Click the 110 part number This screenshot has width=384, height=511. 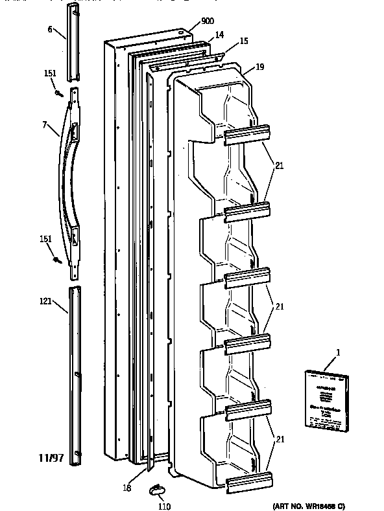165,506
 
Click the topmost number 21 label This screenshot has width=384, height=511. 279,165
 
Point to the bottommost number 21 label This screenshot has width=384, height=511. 279,438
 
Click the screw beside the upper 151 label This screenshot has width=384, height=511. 59,95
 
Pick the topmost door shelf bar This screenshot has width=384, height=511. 247,133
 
